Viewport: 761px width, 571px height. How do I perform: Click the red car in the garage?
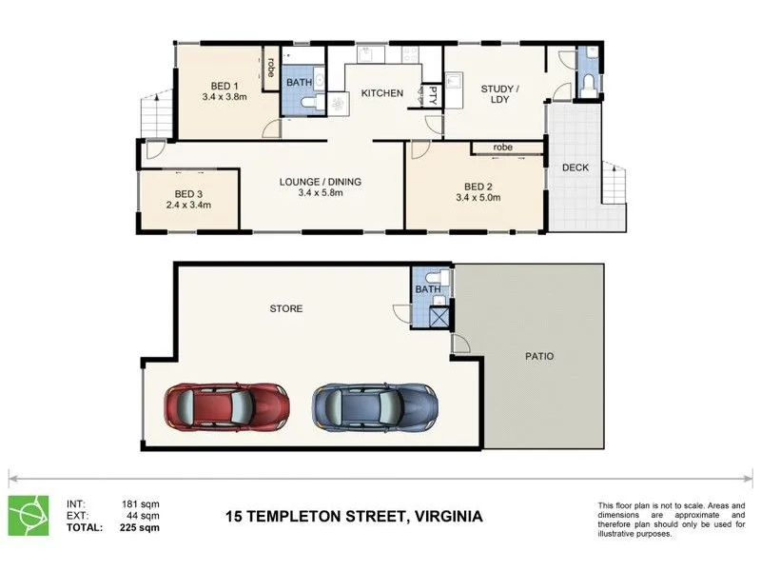tap(226, 407)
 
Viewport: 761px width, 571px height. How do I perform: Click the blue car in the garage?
tap(375, 407)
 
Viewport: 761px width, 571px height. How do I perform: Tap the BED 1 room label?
tap(224, 86)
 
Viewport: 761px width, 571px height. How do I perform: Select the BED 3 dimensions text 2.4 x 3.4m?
tap(188, 205)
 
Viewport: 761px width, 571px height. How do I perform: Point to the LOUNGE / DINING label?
tap(321, 182)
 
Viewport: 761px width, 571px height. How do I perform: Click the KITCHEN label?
tap(382, 92)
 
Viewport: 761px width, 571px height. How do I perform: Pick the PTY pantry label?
tap(433, 96)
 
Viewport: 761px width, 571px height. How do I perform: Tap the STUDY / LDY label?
tap(500, 94)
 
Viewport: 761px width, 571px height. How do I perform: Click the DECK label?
tap(576, 167)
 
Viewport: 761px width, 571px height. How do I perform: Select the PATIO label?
tap(539, 356)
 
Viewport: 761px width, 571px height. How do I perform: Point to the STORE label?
tap(286, 308)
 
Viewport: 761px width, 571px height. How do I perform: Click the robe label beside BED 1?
tap(271, 68)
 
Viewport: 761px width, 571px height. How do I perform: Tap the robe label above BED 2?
tap(503, 148)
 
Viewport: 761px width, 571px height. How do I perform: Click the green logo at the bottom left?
tap(29, 515)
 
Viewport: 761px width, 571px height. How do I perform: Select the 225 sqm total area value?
tap(139, 527)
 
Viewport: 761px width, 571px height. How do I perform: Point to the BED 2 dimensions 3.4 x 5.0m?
tap(478, 198)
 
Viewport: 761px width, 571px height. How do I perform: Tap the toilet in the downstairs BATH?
tap(437, 277)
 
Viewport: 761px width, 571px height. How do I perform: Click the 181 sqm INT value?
tap(140, 504)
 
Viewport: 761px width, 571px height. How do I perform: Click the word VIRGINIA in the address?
tap(448, 516)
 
